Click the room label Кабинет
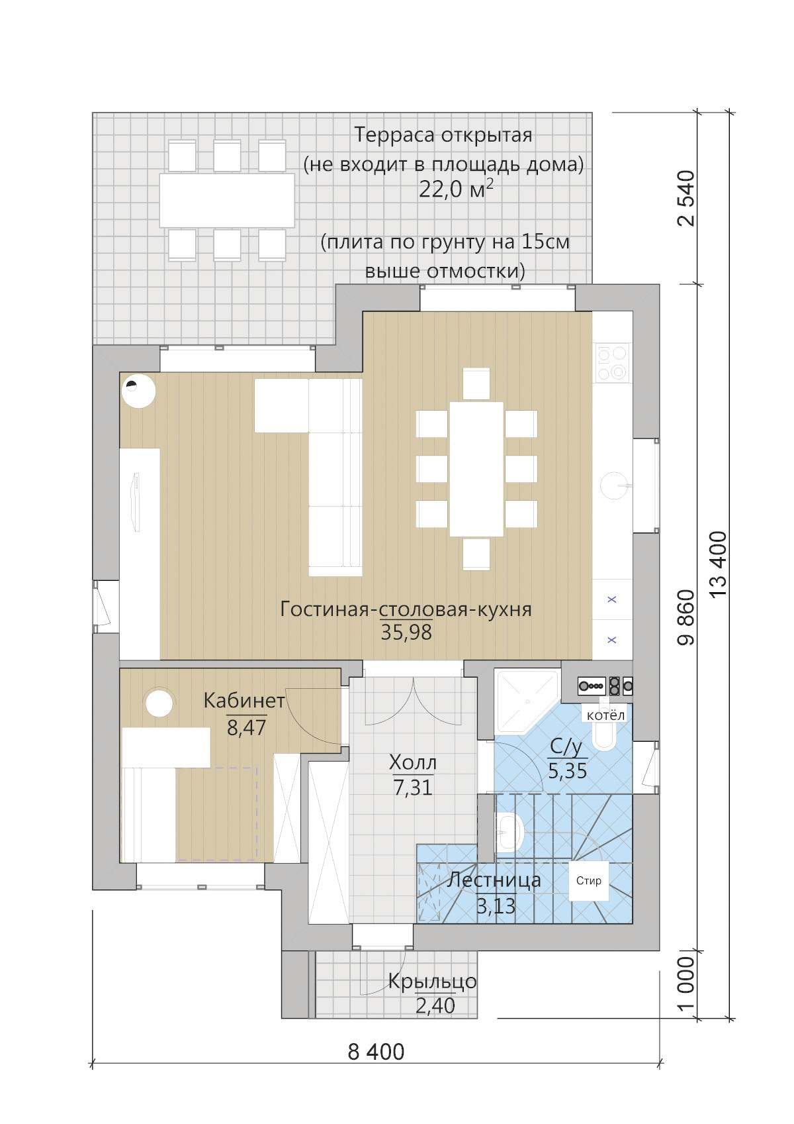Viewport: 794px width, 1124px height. click(244, 701)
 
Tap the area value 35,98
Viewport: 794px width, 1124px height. click(406, 633)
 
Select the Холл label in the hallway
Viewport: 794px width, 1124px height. click(412, 762)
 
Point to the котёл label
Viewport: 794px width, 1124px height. click(605, 715)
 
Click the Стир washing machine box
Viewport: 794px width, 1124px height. click(588, 881)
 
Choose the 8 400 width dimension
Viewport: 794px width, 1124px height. click(376, 1052)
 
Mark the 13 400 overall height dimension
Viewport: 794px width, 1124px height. click(719, 564)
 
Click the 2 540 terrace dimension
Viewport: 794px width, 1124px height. click(686, 198)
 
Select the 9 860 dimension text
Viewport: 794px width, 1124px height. click(686, 617)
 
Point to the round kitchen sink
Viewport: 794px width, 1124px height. click(614, 485)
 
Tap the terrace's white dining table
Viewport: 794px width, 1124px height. click(227, 200)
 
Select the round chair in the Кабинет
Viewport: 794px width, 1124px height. click(159, 703)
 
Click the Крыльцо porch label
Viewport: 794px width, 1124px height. click(432, 981)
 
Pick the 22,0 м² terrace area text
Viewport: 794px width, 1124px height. click(456, 189)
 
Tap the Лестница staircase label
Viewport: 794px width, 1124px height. click(494, 880)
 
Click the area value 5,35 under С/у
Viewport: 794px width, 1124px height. click(567, 771)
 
